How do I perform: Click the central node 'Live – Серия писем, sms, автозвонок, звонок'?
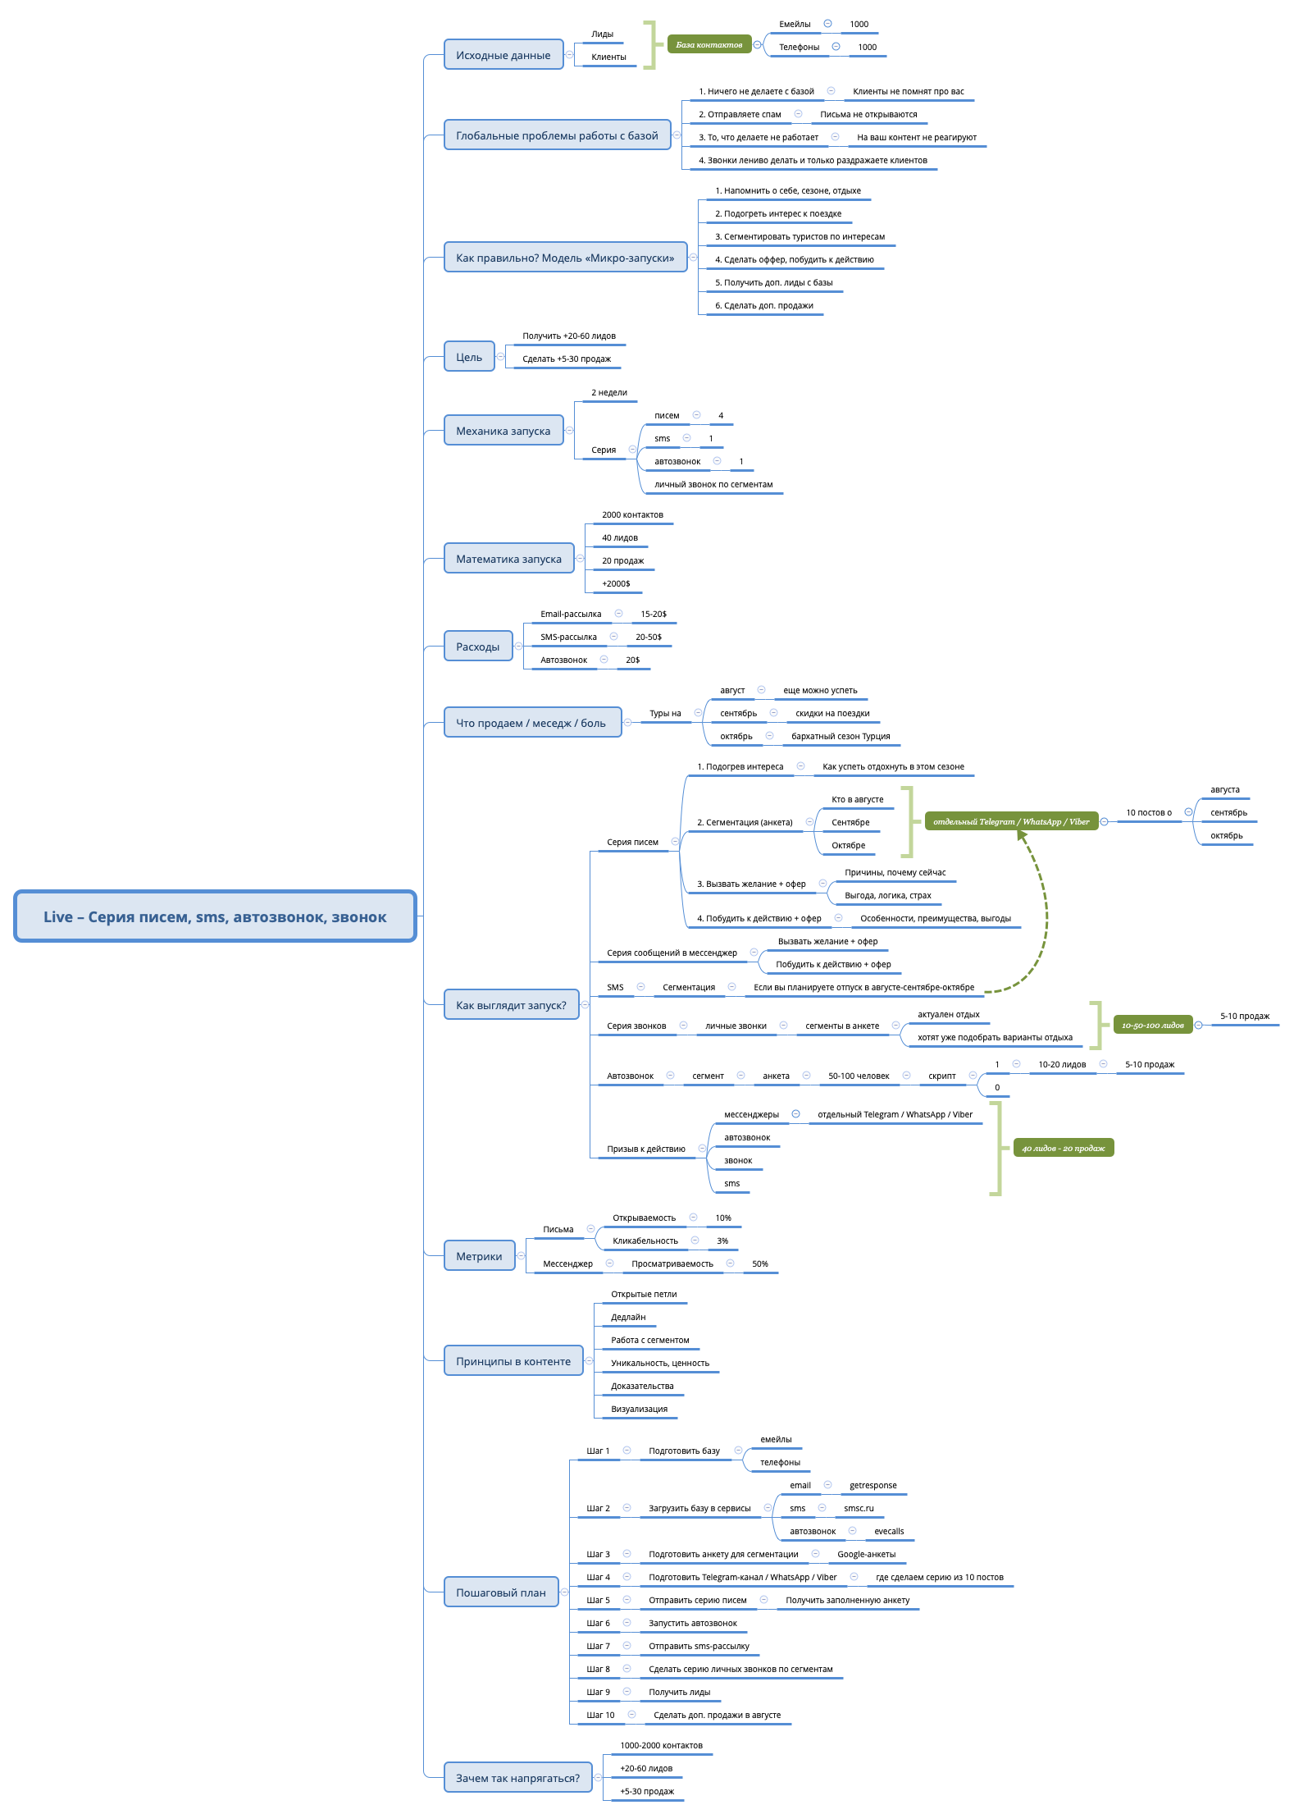(x=215, y=916)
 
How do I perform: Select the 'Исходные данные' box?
(x=503, y=55)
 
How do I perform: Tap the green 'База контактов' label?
(x=709, y=44)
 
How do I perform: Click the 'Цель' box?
(x=469, y=357)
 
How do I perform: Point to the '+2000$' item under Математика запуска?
(x=616, y=584)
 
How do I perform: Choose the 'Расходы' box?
(x=477, y=647)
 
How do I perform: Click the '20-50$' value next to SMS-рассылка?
(x=648, y=637)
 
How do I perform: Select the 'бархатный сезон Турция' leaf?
(x=841, y=737)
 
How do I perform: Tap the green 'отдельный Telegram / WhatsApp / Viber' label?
(x=1011, y=821)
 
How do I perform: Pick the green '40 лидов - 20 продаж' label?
(x=1063, y=1148)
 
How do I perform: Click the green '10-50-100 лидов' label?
(x=1152, y=1025)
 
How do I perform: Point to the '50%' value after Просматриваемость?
(x=760, y=1264)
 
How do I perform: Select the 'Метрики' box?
(x=479, y=1256)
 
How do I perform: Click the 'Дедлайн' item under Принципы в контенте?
(x=628, y=1318)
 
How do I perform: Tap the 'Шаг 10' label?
(x=600, y=1716)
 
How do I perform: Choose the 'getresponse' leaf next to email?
(x=873, y=1486)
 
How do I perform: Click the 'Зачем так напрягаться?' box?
(x=517, y=1778)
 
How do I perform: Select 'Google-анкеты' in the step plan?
(x=866, y=1555)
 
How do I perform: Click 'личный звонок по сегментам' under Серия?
(x=713, y=485)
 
